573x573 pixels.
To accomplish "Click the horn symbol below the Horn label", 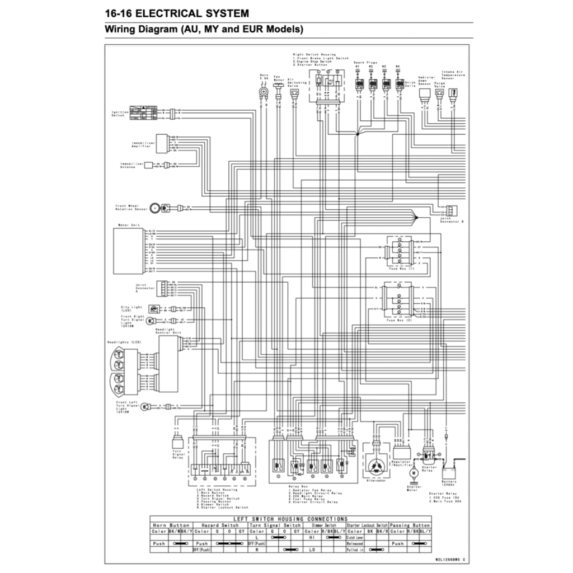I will [264, 91].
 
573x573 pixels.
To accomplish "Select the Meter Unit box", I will [129, 250].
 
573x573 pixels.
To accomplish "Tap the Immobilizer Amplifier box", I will [162, 143].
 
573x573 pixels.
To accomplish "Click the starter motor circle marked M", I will [414, 473].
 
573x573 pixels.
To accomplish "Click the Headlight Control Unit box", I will [168, 364].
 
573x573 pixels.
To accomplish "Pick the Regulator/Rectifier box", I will [402, 452].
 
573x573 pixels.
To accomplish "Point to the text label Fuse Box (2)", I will [399, 320].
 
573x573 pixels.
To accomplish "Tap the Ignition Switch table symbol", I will [143, 112].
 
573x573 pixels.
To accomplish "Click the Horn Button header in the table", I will [171, 525].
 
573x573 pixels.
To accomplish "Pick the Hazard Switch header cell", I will [220, 525].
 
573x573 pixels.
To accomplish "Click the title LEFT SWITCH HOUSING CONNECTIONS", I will [290, 519].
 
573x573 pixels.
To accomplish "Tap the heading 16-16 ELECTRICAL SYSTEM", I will [177, 13].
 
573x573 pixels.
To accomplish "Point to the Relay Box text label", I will [294, 487].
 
